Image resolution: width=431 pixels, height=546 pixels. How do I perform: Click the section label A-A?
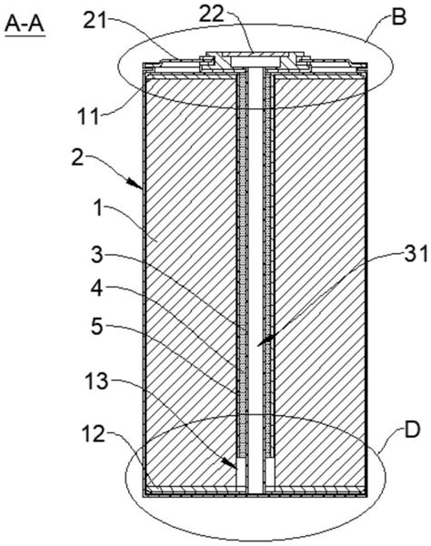tap(25, 25)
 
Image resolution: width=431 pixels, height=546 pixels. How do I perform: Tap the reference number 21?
tap(95, 22)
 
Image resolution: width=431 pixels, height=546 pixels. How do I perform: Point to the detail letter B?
tap(398, 17)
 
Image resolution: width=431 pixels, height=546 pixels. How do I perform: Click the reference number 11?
tap(88, 116)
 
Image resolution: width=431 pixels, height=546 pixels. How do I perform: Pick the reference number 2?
tap(78, 158)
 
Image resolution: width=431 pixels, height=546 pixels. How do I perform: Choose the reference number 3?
tap(97, 255)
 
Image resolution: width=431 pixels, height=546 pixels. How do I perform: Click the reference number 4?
tap(97, 288)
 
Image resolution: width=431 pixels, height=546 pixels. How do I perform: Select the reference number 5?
tap(97, 327)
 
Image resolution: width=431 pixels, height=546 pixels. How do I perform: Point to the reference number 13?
tap(95, 382)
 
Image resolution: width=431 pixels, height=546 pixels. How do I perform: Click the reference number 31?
tap(416, 254)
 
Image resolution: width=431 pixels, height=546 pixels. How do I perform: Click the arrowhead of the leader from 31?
tap(266, 340)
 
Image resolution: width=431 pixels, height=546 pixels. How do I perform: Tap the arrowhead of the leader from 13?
tap(228, 463)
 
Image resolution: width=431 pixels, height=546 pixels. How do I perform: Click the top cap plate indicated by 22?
tap(255, 55)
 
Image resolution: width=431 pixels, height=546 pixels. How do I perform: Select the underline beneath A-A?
tap(25, 35)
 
